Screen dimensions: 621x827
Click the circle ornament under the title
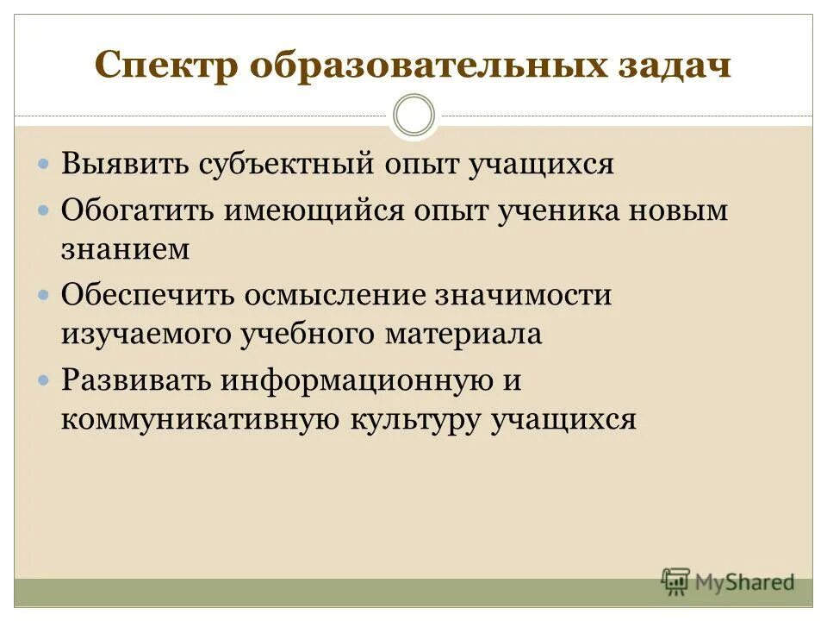413,116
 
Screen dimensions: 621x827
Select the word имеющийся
314,210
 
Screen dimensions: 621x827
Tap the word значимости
523,295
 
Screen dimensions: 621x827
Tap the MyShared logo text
744,582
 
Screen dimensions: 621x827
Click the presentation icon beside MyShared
676,581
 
